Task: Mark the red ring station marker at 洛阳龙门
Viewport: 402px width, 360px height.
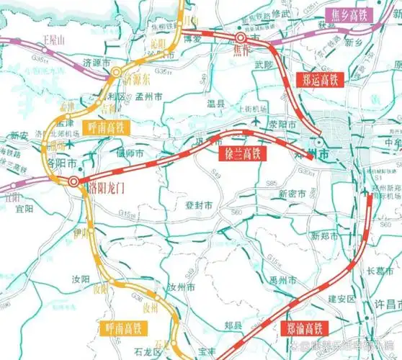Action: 74,181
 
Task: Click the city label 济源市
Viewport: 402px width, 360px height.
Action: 99,62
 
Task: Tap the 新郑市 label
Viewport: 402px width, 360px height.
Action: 325,236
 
